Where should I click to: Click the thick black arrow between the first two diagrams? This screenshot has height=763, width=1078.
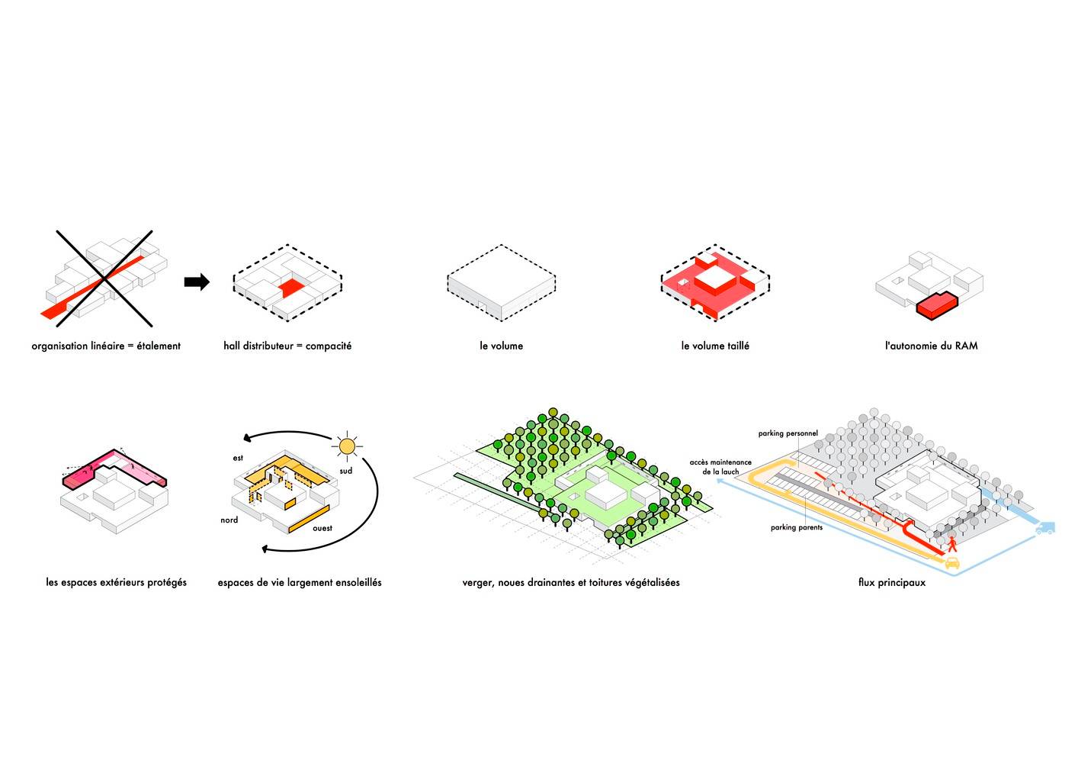197,282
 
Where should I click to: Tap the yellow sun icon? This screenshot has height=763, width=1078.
346,446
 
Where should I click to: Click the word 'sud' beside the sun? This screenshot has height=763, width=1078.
346,471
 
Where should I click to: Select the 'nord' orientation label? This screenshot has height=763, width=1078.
229,520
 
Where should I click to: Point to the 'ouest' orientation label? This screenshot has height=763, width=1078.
322,528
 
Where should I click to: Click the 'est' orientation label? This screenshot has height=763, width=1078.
238,458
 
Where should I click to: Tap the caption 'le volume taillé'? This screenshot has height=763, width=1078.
715,346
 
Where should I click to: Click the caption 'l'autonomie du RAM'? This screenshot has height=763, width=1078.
931,346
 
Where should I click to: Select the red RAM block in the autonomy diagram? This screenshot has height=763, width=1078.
937,306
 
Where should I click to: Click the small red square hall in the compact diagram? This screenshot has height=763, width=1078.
292,287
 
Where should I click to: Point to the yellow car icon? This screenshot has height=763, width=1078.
952,562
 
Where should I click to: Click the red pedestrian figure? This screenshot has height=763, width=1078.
952,546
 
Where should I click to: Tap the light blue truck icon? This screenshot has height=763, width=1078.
1044,528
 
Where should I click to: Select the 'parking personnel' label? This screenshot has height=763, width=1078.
788,433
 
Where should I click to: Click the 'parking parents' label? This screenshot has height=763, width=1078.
797,527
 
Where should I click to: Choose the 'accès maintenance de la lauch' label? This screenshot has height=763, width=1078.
720,467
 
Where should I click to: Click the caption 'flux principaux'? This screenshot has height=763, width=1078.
892,582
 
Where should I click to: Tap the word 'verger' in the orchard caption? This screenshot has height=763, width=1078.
477,583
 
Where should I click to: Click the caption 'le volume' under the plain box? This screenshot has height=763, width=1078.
501,346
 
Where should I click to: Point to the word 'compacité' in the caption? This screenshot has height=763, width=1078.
329,346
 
